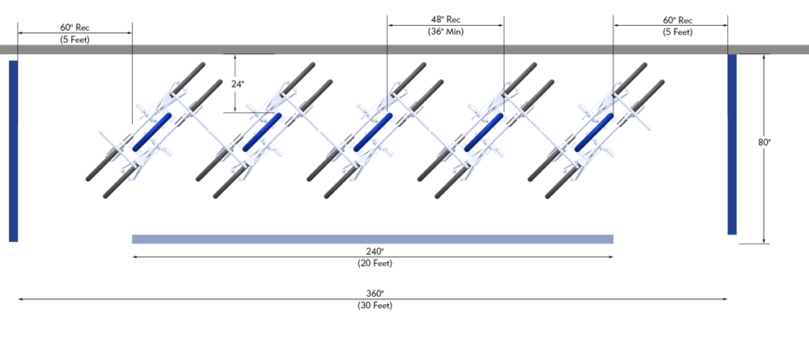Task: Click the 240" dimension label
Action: click(373, 251)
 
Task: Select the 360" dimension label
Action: click(373, 293)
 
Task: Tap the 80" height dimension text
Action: click(764, 142)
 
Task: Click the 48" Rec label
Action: click(446, 19)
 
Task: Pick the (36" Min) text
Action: click(446, 32)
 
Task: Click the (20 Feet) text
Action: click(373, 263)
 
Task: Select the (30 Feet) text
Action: click(373, 305)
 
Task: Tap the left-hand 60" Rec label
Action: click(74, 27)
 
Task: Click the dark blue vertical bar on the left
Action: click(13, 150)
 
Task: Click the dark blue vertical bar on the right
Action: click(732, 144)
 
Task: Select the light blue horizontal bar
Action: click(372, 239)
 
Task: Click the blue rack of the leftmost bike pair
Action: click(152, 132)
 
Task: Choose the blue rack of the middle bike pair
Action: click(373, 132)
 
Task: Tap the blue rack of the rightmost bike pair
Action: click(594, 132)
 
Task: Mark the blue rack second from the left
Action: click(262, 132)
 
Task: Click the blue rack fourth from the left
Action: click(484, 132)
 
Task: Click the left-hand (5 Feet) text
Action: click(74, 39)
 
